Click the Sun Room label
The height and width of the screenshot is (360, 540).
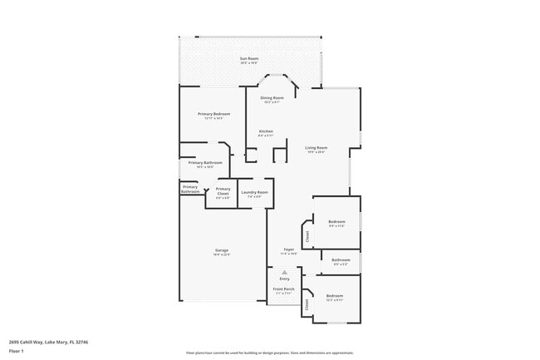pyautogui.click(x=249, y=58)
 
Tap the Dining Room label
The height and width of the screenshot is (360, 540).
pyautogui.click(x=272, y=98)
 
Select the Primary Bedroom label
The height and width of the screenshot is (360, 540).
pyautogui.click(x=214, y=114)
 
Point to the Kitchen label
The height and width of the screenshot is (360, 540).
pyautogui.click(x=266, y=131)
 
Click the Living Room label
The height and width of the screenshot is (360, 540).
pyautogui.click(x=316, y=148)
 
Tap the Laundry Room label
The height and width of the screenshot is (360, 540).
pyautogui.click(x=254, y=192)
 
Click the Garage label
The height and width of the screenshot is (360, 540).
pyautogui.click(x=222, y=250)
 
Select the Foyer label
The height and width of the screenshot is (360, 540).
pyautogui.click(x=288, y=249)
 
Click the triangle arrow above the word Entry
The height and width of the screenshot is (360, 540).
pyautogui.click(x=284, y=272)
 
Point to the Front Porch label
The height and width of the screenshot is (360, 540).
pyautogui.click(x=283, y=288)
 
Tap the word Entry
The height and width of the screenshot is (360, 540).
pyautogui.click(x=284, y=279)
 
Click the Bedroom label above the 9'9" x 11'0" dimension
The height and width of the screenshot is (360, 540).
pyautogui.click(x=336, y=221)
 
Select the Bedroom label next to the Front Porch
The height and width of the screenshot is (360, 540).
pyautogui.click(x=335, y=296)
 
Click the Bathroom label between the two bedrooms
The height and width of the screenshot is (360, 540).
pyautogui.click(x=341, y=259)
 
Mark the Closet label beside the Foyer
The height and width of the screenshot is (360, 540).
pyautogui.click(x=307, y=235)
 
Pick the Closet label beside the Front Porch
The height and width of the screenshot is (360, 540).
pyautogui.click(x=307, y=304)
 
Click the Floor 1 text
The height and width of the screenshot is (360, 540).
pyautogui.click(x=17, y=351)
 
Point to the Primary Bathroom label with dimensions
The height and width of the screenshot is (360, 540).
pyautogui.click(x=206, y=163)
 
